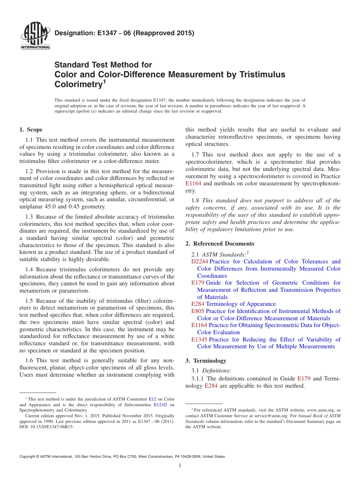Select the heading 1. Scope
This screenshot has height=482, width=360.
[31, 130]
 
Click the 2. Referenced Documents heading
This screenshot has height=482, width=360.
[220, 244]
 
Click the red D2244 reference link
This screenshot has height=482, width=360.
[200, 261]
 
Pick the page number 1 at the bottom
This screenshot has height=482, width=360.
[180, 466]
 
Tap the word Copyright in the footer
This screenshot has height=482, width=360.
[29, 457]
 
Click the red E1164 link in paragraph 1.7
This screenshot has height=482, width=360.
[194, 184]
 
